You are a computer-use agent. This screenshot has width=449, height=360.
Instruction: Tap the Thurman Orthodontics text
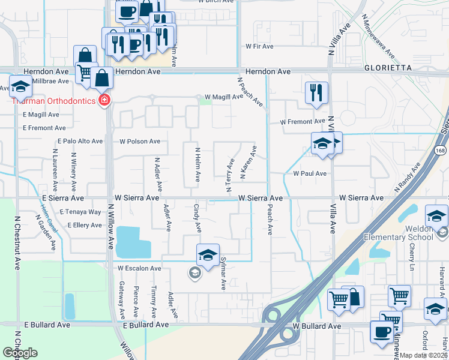point(53,100)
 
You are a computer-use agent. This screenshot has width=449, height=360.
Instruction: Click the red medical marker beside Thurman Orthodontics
point(104,100)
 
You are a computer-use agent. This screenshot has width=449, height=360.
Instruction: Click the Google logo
point(20,353)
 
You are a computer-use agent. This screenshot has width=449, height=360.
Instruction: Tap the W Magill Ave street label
point(223,97)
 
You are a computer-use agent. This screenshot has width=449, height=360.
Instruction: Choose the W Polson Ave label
point(140,142)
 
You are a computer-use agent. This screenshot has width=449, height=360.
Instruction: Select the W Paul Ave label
point(309,173)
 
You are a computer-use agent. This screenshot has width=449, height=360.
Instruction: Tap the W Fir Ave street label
point(259,46)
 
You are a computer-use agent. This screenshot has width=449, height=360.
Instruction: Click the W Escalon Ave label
point(139,268)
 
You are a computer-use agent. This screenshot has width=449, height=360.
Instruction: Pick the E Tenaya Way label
point(80,212)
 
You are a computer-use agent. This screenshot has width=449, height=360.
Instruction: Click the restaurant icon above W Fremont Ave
point(316,92)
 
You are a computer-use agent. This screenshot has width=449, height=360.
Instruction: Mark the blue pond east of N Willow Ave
point(133,242)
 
